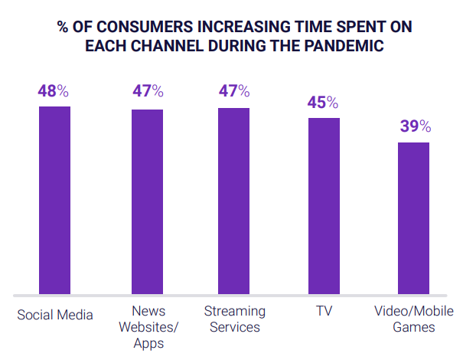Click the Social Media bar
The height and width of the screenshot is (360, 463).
[55, 200]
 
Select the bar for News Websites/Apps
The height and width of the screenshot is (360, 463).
[147, 201]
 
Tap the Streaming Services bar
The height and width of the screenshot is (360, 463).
[234, 201]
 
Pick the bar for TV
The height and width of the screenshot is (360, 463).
[324, 206]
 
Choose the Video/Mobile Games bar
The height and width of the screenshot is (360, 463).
[413, 218]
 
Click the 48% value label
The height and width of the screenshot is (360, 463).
[54, 91]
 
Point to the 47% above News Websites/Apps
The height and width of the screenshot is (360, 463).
[147, 92]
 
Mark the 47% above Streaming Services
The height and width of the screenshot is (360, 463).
[234, 91]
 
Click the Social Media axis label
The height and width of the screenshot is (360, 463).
[55, 314]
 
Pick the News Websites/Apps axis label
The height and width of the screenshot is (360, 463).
[147, 328]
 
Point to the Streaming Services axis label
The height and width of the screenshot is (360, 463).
[235, 320]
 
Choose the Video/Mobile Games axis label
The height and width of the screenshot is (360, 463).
[413, 320]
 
